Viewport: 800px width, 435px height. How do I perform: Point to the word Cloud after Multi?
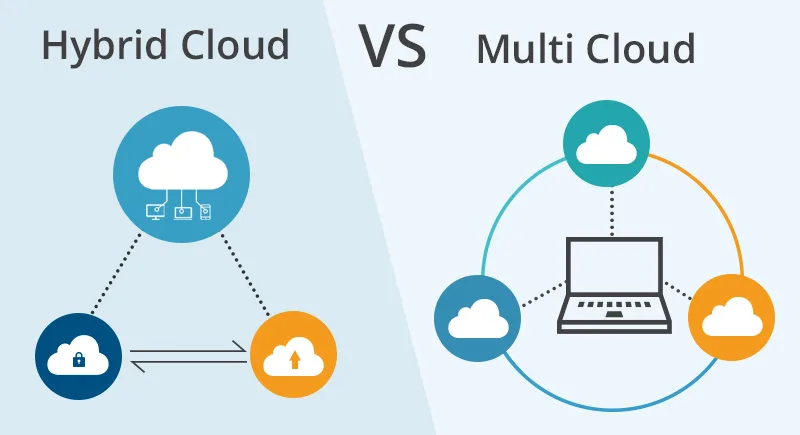(641, 49)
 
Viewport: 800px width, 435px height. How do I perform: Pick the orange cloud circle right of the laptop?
(733, 317)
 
